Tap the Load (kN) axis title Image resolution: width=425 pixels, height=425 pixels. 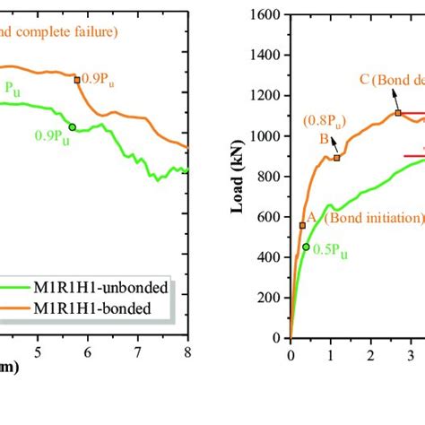[239, 178]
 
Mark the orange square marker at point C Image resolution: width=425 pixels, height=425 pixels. [398, 113]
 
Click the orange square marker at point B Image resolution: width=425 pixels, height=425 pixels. [337, 158]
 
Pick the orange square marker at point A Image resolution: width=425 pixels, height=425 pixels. [302, 225]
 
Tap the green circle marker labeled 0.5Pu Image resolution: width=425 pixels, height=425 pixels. [306, 247]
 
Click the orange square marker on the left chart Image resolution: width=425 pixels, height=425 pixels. [76, 80]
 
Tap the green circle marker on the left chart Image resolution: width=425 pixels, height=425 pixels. [73, 126]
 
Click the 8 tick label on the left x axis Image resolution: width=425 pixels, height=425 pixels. [186, 351]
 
